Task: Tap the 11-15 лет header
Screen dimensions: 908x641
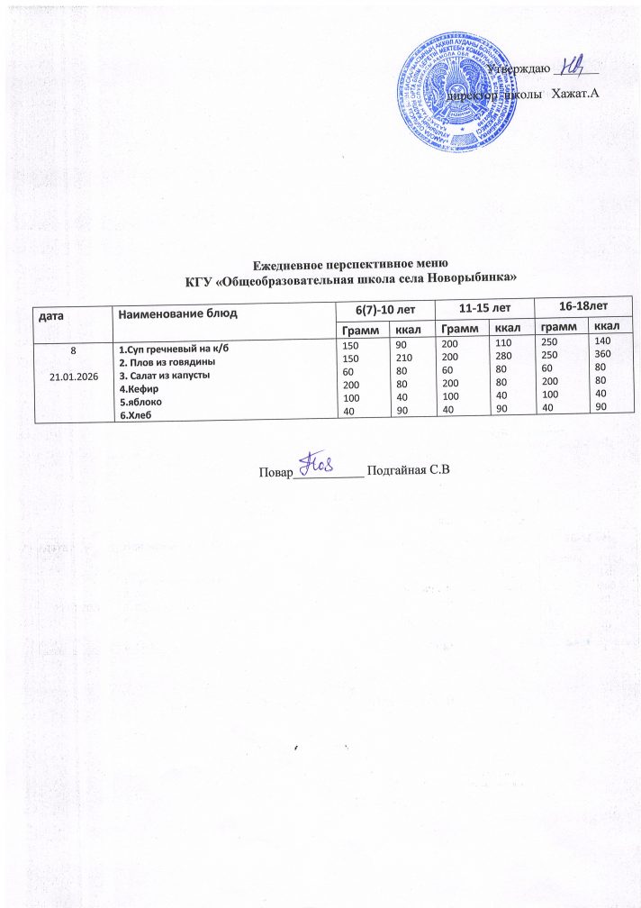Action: (484, 307)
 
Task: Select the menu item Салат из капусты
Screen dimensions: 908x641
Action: (165, 375)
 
